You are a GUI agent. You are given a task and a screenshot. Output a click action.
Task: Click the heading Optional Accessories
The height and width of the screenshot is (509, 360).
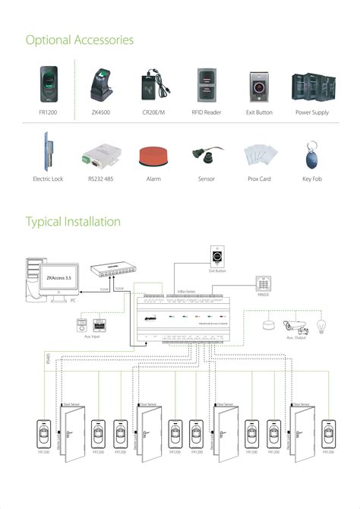click(80, 39)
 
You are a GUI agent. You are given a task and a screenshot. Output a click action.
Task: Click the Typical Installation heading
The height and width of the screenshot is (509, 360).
click(73, 222)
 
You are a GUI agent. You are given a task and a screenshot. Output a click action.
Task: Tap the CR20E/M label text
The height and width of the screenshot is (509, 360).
click(153, 112)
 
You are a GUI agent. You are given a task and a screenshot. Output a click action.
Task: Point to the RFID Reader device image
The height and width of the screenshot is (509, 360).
click(207, 86)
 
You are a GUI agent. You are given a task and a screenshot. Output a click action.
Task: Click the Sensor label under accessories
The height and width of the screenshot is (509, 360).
click(206, 179)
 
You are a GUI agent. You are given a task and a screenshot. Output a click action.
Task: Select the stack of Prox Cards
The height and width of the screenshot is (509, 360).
click(258, 156)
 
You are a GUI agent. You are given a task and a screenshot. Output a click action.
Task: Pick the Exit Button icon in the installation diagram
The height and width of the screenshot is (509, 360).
click(218, 254)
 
